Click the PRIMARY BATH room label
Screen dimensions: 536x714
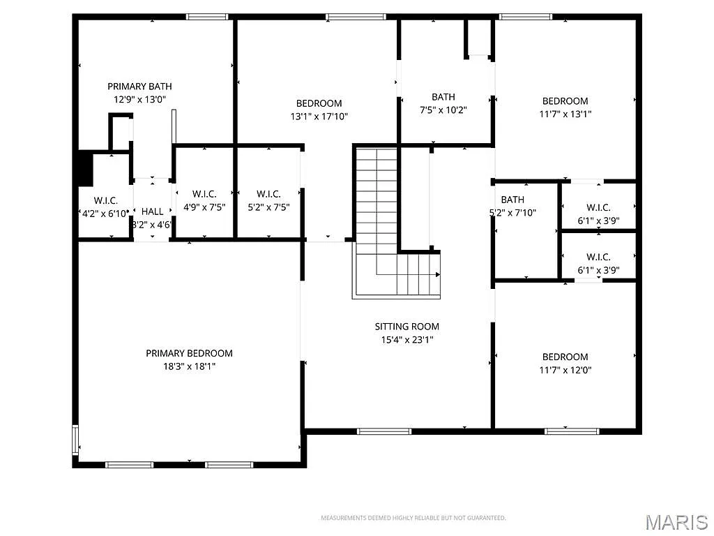coord(139,87)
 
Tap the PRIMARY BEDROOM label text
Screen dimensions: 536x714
coord(189,353)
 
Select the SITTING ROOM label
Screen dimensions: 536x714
coord(407,327)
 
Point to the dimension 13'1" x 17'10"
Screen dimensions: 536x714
coord(319,117)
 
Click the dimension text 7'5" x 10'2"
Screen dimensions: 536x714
coord(443,110)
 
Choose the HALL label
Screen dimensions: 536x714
coord(152,211)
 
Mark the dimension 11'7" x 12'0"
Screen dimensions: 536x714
coord(565,370)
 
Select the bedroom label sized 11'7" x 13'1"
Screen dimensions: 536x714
coord(565,101)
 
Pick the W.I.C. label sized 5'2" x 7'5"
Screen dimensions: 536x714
coord(268,194)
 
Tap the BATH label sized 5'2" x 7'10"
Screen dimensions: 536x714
coord(512,200)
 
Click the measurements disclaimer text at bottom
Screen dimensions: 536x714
coord(413,518)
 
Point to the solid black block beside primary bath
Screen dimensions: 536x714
coord(84,169)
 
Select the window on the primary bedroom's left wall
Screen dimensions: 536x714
coord(75,440)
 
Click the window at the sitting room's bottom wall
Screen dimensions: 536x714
coord(384,431)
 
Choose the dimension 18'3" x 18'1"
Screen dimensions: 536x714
coord(189,366)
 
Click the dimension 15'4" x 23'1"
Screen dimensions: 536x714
coord(407,340)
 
